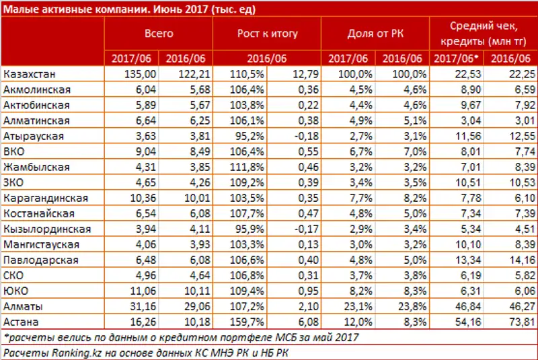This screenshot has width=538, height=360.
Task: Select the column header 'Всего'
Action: pyautogui.click(x=159, y=33)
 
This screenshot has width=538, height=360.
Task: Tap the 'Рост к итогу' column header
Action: pyautogui.click(x=267, y=33)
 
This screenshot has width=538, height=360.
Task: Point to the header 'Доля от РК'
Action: pyautogui.click(x=375, y=33)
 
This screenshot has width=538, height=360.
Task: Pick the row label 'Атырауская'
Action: pyautogui.click(x=33, y=136)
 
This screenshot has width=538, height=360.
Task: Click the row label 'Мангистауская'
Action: pyautogui.click(x=41, y=244)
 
